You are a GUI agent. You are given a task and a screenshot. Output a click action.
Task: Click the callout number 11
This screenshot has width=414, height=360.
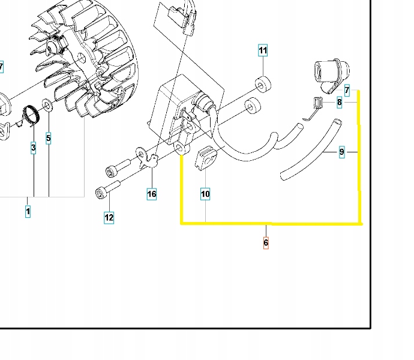tap(263, 50)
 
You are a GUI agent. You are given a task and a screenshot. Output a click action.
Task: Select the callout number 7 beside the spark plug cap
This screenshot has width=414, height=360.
tap(347, 90)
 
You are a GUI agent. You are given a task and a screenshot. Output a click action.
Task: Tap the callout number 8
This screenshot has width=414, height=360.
tap(340, 103)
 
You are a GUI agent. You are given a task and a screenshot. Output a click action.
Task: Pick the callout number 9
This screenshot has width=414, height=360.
tap(342, 152)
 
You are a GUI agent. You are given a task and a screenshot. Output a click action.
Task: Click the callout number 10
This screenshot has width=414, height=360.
tap(205, 194)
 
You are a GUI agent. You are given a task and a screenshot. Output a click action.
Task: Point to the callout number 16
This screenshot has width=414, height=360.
tap(152, 194)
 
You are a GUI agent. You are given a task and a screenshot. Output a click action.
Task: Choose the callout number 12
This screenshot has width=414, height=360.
tap(109, 218)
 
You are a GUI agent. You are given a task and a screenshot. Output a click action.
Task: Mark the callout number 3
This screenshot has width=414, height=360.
tap(33, 147)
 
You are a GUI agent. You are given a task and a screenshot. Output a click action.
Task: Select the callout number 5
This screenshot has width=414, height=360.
tap(48, 138)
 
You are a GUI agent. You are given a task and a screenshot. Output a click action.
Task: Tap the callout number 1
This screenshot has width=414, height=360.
tap(27, 211)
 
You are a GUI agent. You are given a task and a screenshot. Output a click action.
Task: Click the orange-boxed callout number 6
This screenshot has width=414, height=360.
tap(266, 242)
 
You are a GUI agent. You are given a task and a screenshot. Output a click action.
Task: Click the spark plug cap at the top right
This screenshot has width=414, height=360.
tap(327, 75)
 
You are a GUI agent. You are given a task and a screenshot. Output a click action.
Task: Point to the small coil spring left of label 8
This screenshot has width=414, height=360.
tap(317, 106)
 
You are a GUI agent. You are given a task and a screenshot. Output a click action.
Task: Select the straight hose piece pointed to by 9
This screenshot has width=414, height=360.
tap(312, 150)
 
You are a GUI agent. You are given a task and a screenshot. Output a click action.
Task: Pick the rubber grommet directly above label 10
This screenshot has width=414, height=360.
tap(205, 159)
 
